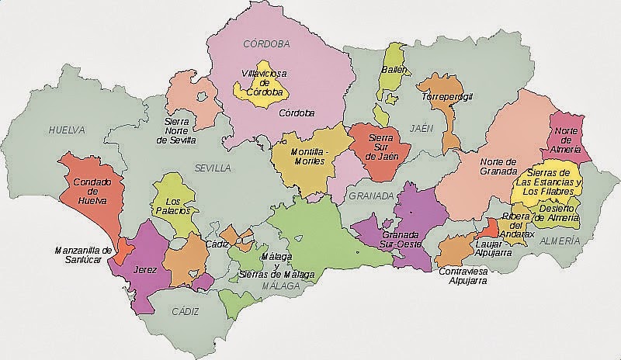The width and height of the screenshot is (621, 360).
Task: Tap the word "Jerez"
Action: [x=146, y=270]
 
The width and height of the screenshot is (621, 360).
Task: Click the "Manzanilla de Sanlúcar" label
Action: [x=84, y=255]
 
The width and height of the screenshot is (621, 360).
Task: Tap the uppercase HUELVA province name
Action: [x=65, y=130]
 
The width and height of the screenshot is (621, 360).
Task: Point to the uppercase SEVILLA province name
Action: [x=213, y=168]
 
